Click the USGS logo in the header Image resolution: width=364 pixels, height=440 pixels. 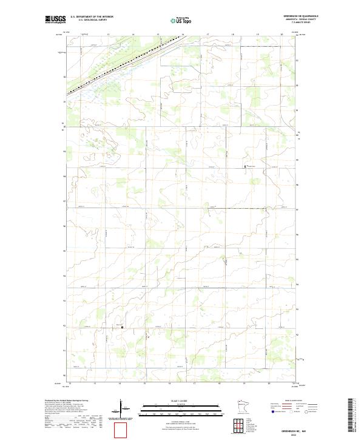(x=56, y=20)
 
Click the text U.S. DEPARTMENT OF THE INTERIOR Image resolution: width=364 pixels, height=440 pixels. (x=92, y=17)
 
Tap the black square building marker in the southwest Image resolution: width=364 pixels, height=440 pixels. (x=122, y=328)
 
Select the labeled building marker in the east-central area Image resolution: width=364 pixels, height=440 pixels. (x=245, y=166)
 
